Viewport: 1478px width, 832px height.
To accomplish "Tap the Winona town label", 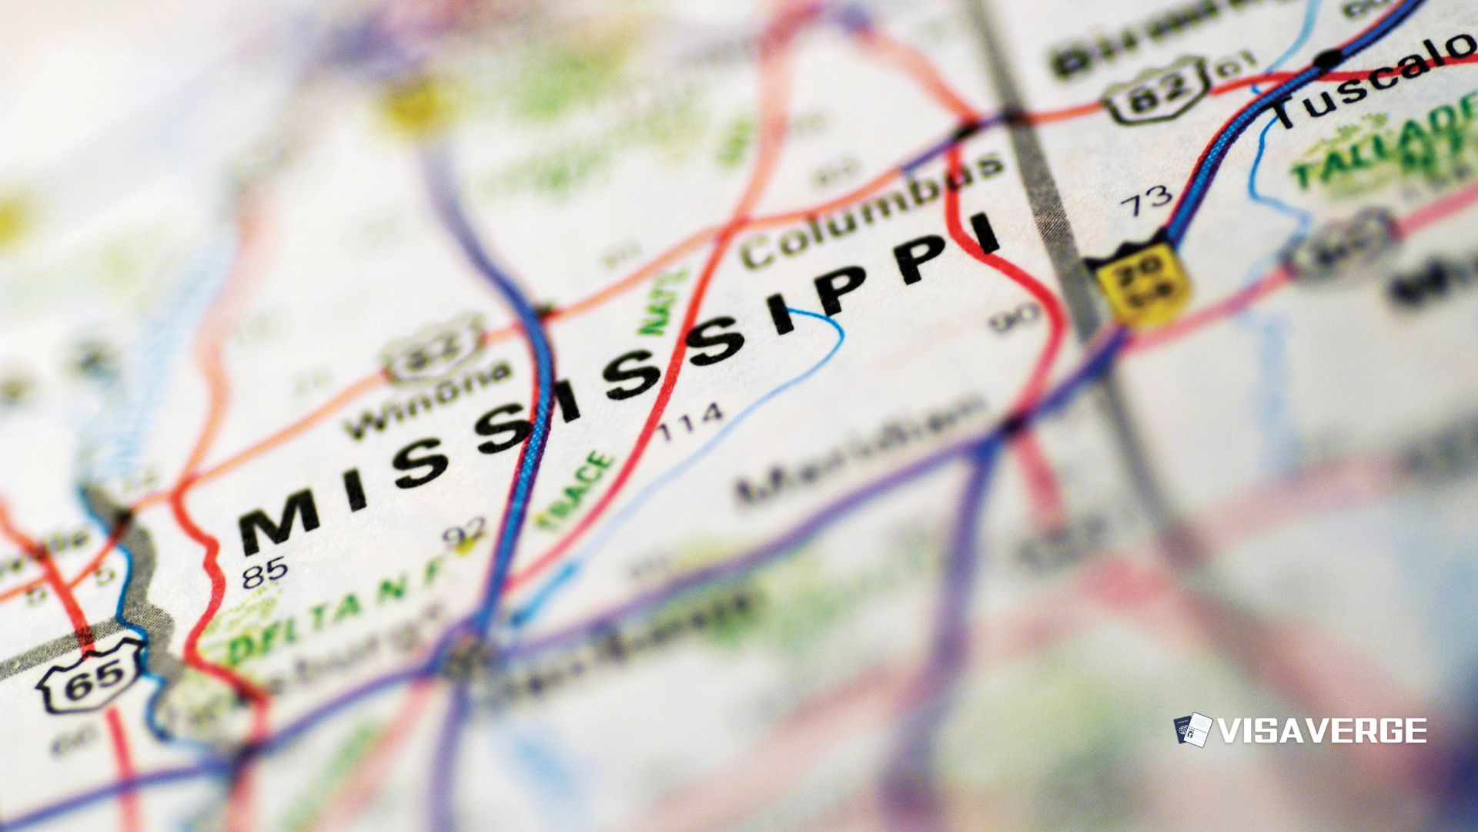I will pyautogui.click(x=427, y=400).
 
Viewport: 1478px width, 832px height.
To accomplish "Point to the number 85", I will pyautogui.click(x=264, y=572).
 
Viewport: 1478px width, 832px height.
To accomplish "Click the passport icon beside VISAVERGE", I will pyautogui.click(x=1192, y=730).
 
